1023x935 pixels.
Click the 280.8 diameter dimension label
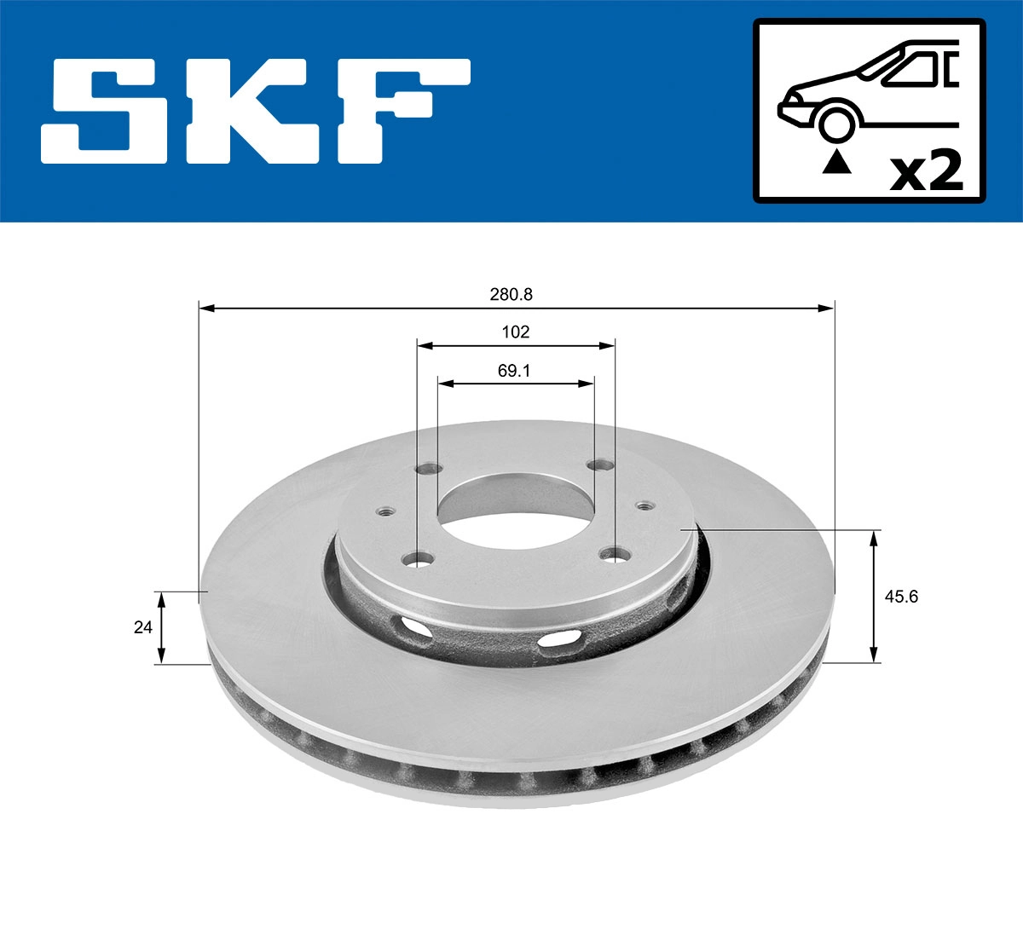pos(511,294)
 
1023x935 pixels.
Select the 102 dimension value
pos(515,332)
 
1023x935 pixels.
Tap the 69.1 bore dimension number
pos(515,372)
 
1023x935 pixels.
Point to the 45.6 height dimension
pos(900,597)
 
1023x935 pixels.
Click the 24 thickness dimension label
pos(142,627)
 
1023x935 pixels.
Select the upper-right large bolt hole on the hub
pos(602,465)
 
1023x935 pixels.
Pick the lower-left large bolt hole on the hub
pos(418,560)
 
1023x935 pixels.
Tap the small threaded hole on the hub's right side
pos(645,506)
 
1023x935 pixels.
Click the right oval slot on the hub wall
pos(559,639)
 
